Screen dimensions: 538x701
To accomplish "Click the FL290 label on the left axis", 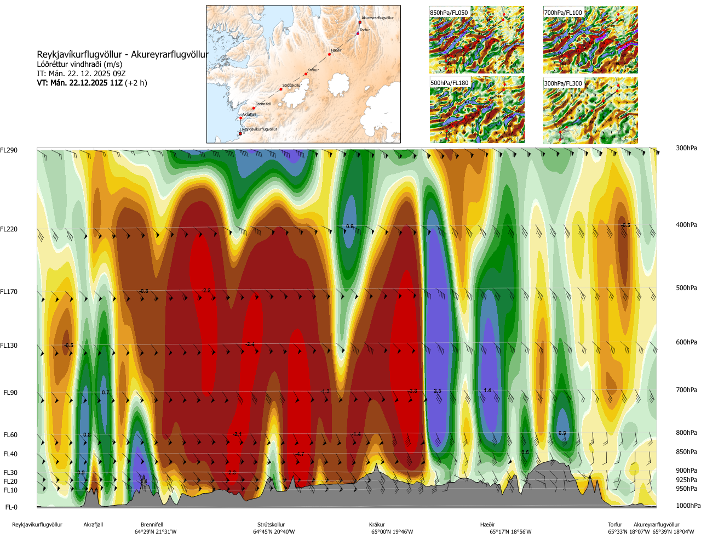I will (x=9, y=150).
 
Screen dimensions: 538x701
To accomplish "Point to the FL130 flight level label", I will (x=9, y=346).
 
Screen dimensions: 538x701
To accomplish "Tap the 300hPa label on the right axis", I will (x=686, y=148).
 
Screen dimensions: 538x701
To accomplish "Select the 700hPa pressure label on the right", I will (x=686, y=390).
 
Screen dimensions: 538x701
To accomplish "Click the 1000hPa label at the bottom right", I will (x=688, y=506).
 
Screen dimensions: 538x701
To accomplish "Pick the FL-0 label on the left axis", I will (x=11, y=507).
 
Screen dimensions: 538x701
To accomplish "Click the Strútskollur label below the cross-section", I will (x=271, y=525).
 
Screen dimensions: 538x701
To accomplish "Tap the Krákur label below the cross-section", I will (x=377, y=525).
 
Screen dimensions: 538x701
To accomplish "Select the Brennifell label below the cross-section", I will (x=152, y=525).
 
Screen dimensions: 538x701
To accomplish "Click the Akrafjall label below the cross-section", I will (x=93, y=525).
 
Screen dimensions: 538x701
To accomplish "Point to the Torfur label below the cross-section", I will (x=615, y=525).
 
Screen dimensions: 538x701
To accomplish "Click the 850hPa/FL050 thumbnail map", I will (x=476, y=40).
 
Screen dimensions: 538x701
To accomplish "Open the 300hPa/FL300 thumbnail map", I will (x=590, y=111).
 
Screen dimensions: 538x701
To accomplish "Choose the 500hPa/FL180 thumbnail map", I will (x=476, y=111).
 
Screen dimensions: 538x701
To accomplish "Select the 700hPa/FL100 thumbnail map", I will (x=590, y=40).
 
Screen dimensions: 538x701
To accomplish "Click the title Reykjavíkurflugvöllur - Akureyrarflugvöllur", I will (x=123, y=54).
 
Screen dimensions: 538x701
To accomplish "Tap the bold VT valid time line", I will (x=92, y=83).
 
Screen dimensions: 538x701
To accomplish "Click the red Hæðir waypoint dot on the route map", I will (x=329, y=54).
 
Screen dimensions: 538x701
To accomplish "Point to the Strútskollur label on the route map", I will (x=292, y=86).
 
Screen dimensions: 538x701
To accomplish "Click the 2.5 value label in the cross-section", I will (x=437, y=391).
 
